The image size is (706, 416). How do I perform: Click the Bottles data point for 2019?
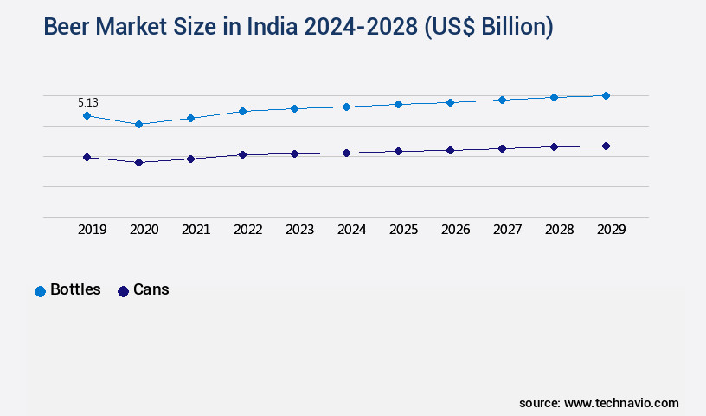87,115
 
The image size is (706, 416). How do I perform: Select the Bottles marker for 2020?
138,124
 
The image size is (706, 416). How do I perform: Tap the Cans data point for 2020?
138,162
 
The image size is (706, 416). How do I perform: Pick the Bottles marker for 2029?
606,95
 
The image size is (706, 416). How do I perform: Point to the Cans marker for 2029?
606,146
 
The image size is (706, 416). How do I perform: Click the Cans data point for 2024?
346,153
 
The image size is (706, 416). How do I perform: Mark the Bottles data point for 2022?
242,111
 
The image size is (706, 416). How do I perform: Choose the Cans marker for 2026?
450,150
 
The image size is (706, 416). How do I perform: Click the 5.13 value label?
88,102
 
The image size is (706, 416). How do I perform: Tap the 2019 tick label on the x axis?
93,230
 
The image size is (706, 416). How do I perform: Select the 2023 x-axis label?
300,230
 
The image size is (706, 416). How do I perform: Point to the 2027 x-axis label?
508,230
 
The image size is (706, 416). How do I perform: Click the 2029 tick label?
612,230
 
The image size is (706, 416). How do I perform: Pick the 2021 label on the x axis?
196,230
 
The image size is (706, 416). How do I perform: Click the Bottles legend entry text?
75,289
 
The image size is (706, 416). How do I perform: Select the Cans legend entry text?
151,289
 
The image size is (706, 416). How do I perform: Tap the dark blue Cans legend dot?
123,291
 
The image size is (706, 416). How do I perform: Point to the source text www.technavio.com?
621,403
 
